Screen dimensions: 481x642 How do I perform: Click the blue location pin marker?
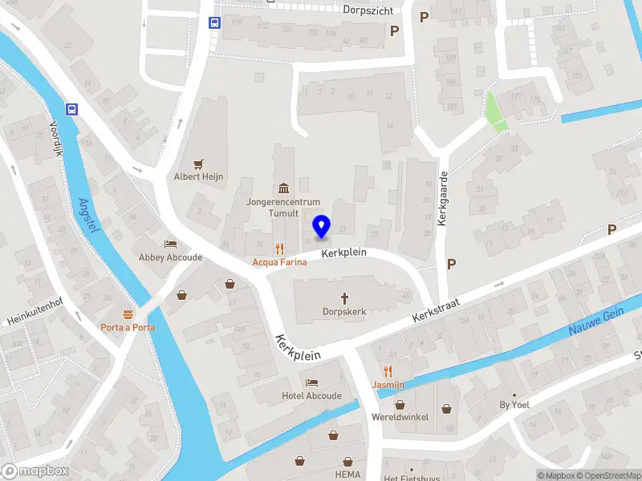click(321, 227)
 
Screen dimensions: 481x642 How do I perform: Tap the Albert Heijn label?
click(199, 176)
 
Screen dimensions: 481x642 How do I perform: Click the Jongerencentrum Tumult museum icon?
click(283, 188)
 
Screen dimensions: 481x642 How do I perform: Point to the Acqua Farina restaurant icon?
click(279, 248)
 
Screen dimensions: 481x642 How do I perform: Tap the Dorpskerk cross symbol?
click(343, 297)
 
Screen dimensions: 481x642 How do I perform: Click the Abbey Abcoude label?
click(170, 257)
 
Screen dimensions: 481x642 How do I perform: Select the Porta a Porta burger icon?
click(128, 313)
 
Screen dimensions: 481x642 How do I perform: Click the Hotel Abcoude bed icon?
click(312, 382)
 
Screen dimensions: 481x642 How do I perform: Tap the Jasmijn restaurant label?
click(388, 385)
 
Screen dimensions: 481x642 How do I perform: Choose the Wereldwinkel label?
click(400, 417)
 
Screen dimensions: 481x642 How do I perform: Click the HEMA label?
click(347, 475)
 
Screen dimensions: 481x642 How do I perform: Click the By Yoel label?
click(514, 405)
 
